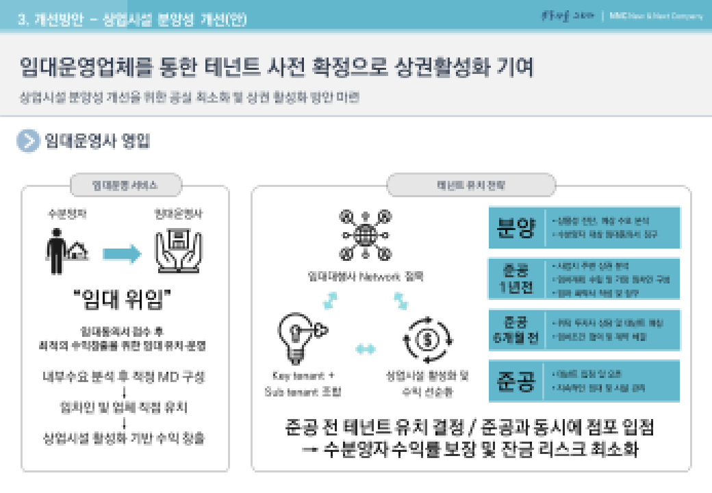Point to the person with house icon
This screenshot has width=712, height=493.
[66, 246]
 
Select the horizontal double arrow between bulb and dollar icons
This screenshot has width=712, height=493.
[366, 349]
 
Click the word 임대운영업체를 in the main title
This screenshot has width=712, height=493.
[79, 68]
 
